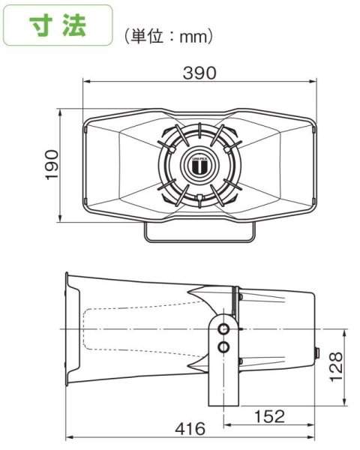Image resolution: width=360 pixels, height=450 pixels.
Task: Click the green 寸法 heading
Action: (58, 26)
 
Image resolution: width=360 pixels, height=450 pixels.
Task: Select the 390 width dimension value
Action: (199, 73)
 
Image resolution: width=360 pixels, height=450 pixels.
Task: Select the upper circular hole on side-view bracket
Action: (223, 328)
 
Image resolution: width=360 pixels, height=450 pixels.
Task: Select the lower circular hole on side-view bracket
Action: (223, 346)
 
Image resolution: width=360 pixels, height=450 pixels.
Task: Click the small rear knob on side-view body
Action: (317, 351)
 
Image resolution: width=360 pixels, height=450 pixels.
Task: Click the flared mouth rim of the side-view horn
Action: (71, 330)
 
